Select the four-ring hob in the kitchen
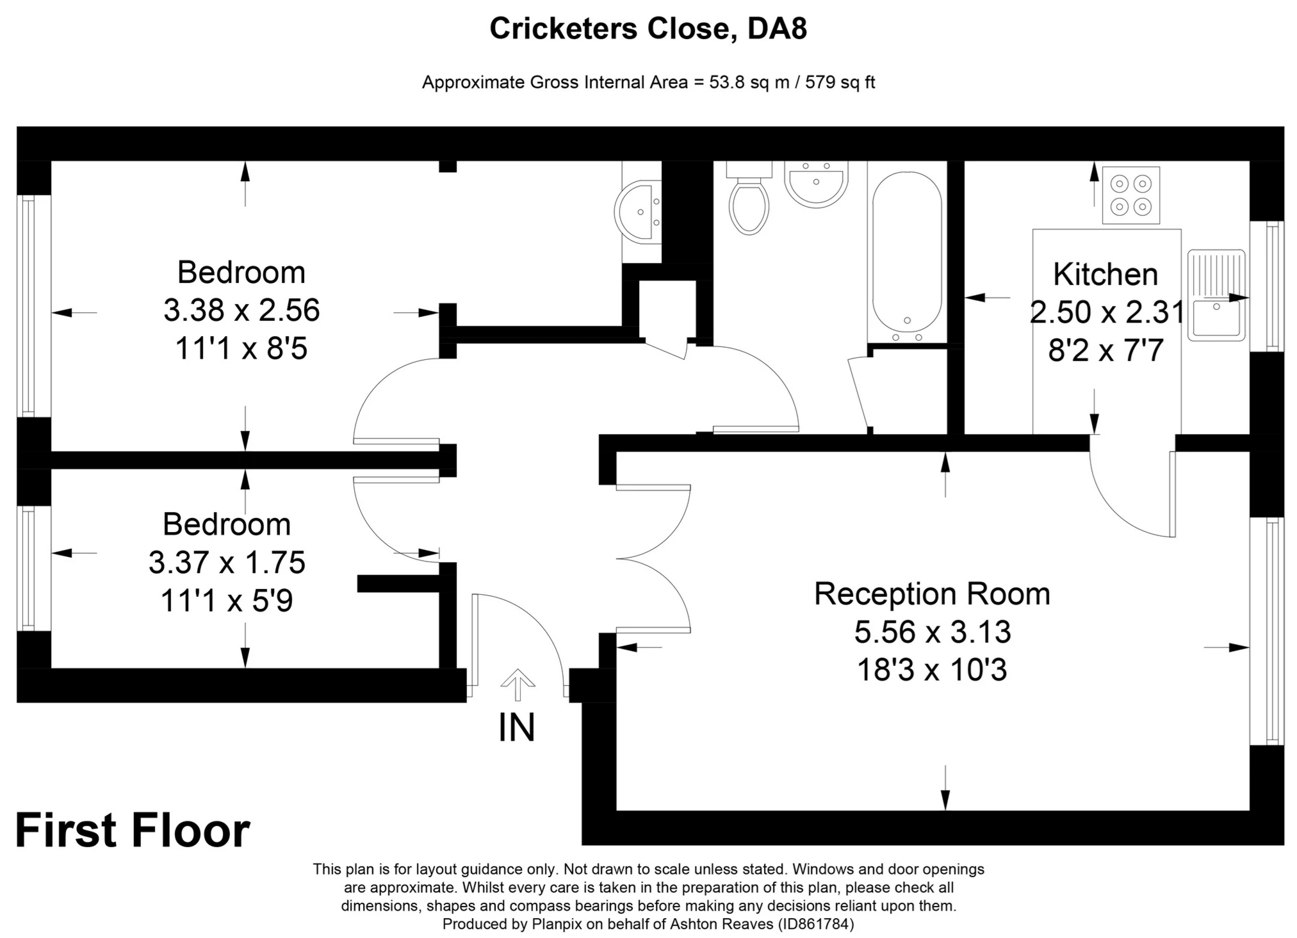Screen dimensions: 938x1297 click(x=1130, y=195)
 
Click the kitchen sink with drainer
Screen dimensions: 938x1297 click(x=1216, y=295)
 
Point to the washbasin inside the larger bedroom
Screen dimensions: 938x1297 click(x=638, y=211)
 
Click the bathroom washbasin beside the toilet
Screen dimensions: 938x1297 click(x=816, y=183)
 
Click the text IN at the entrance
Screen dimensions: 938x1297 click(x=516, y=728)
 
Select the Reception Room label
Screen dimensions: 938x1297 click(x=932, y=594)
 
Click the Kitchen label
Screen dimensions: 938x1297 click(x=1105, y=275)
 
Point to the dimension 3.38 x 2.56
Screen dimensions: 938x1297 click(x=241, y=311)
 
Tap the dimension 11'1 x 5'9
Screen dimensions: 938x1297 click(x=227, y=601)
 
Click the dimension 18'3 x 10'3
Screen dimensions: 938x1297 click(x=932, y=670)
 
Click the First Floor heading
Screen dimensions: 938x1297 click(x=133, y=831)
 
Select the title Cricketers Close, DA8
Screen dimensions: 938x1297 click(x=648, y=29)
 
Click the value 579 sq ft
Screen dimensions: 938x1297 click(x=840, y=83)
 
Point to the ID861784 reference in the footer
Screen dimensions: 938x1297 click(x=815, y=924)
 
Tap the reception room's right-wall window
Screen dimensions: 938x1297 click(x=1267, y=631)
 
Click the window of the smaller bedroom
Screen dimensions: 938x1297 click(x=27, y=568)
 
